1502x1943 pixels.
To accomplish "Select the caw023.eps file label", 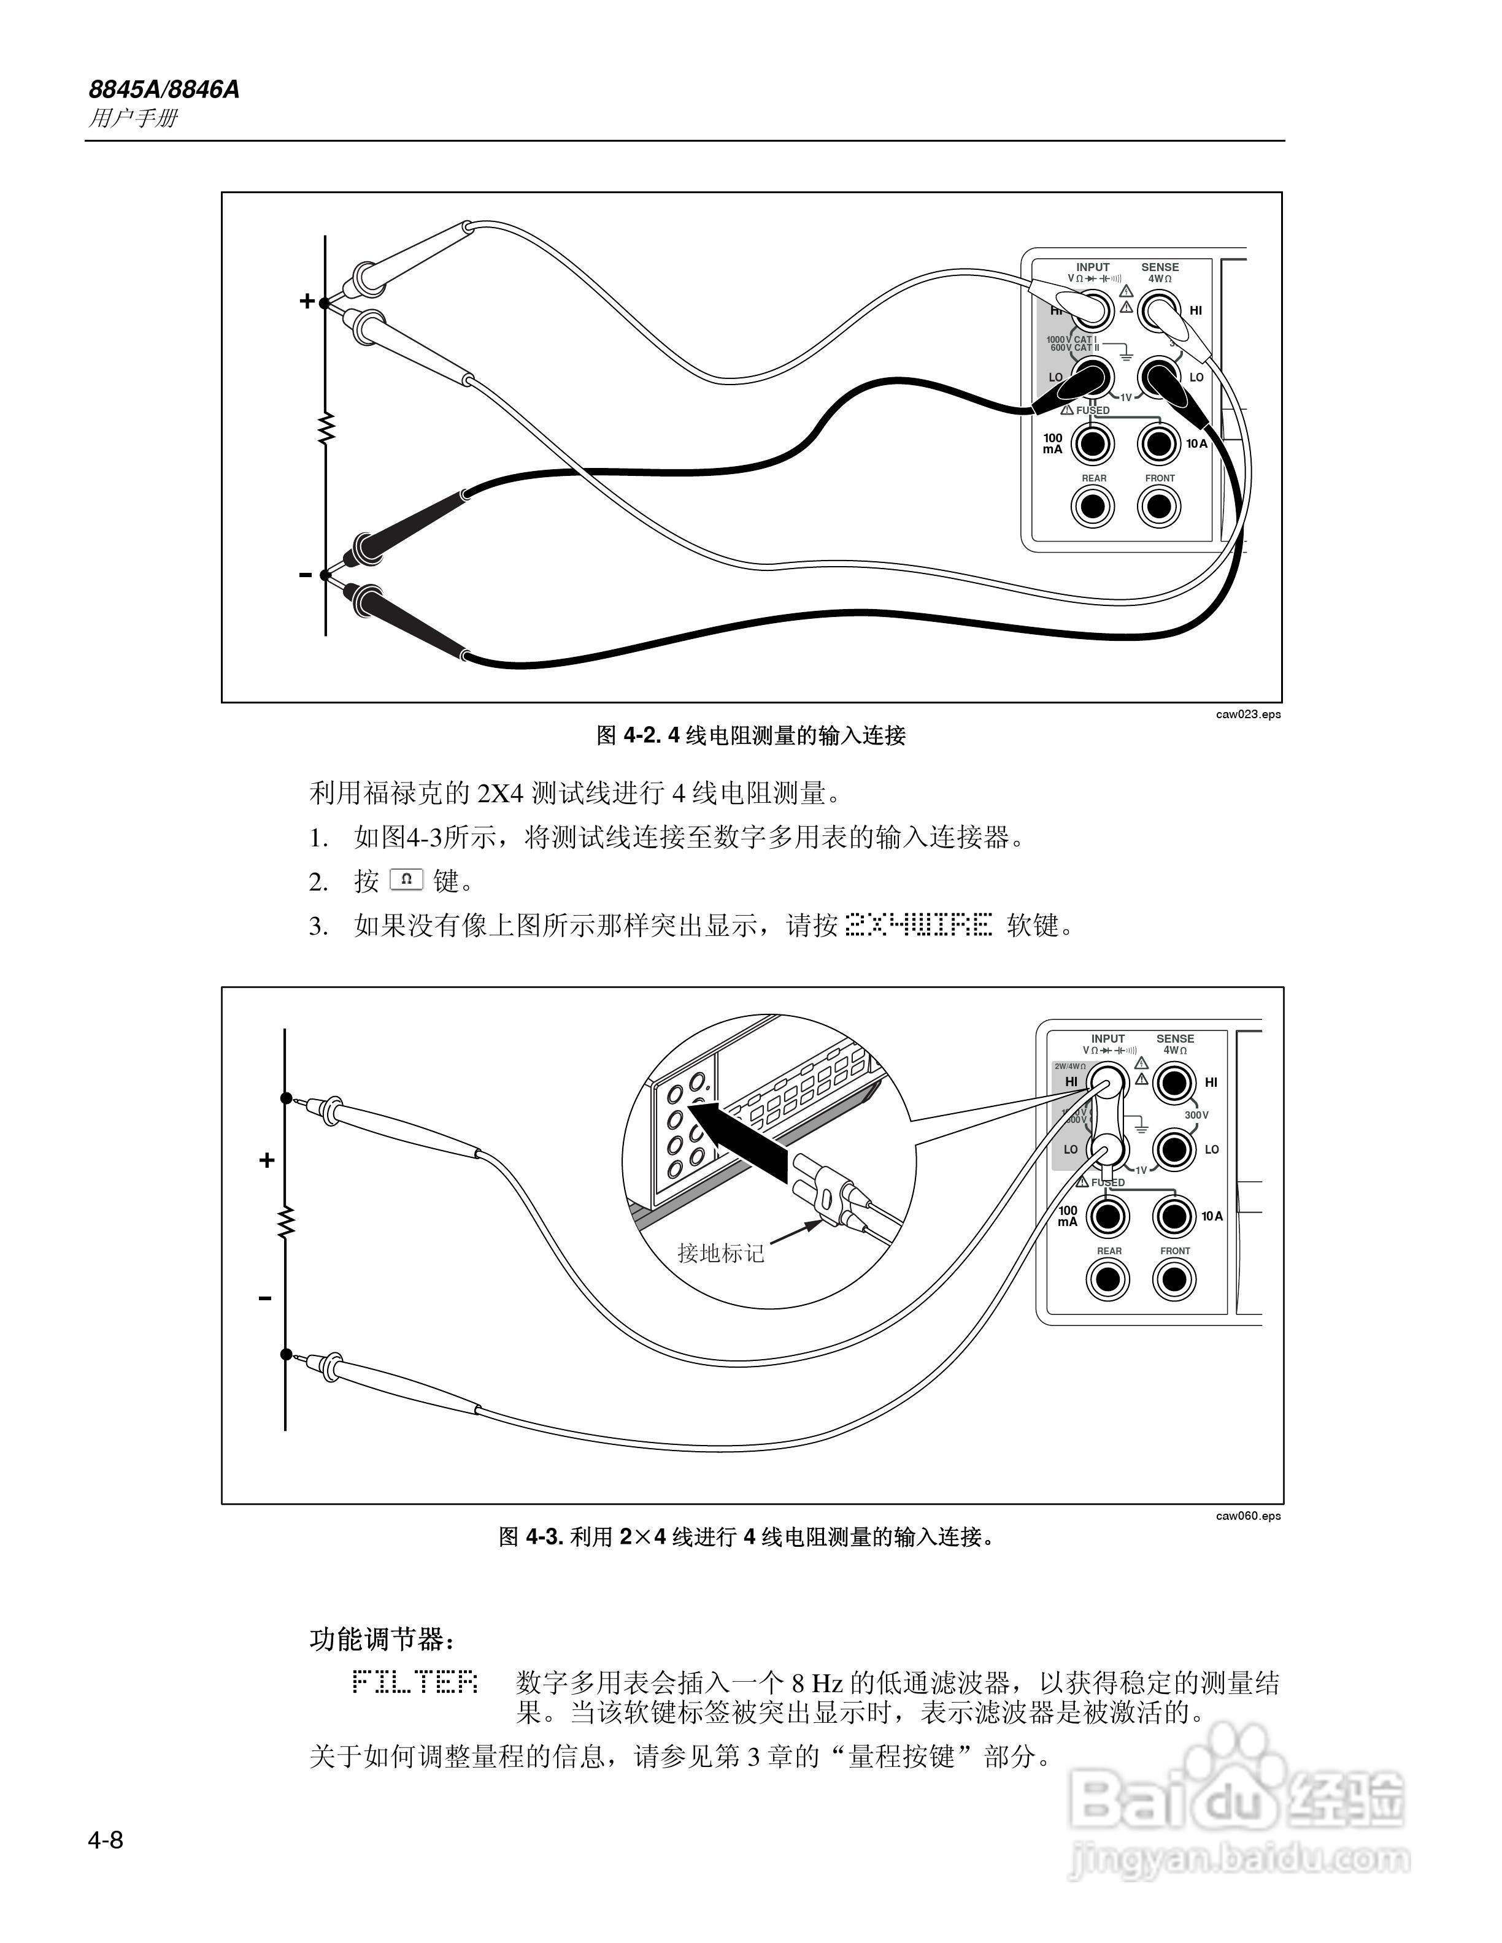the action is coord(1249,715).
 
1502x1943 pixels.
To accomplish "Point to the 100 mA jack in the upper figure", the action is coord(1093,443).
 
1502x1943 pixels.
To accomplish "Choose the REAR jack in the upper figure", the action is coord(1093,506).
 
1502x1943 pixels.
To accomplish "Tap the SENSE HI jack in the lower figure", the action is coord(1174,1083).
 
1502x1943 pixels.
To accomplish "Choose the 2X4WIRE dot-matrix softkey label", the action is coord(917,926).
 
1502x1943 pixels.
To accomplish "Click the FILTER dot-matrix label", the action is coord(415,1682).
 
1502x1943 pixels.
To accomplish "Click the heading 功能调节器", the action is coord(383,1639).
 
